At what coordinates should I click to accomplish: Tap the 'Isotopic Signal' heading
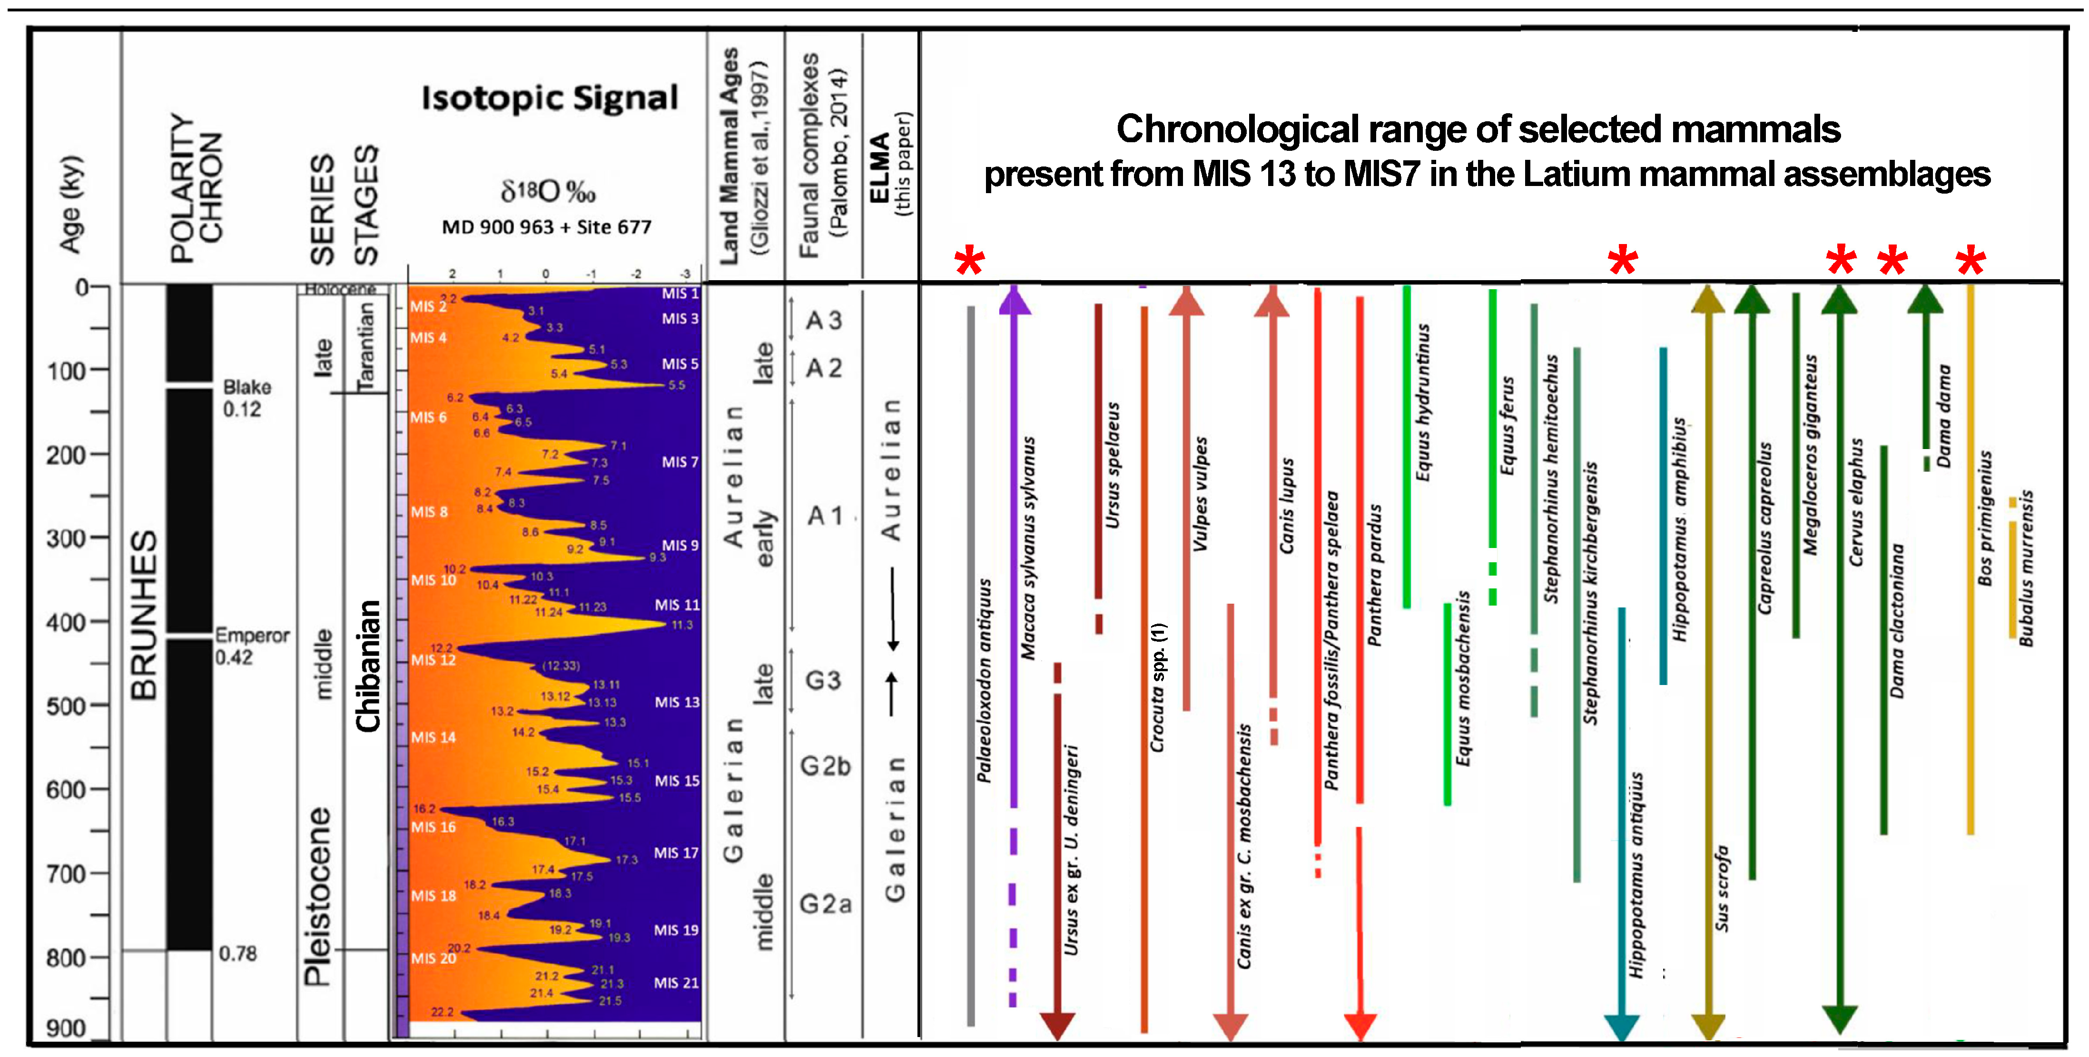pyautogui.click(x=549, y=98)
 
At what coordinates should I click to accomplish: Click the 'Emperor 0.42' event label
pyautogui.click(x=251, y=646)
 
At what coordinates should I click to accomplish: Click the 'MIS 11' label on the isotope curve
pyautogui.click(x=676, y=605)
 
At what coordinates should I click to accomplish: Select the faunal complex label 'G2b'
pyautogui.click(x=825, y=766)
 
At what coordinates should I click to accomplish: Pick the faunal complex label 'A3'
pyautogui.click(x=823, y=320)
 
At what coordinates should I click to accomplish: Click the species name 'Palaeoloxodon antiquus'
pyautogui.click(x=984, y=681)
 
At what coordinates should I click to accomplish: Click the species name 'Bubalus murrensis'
pyautogui.click(x=2026, y=568)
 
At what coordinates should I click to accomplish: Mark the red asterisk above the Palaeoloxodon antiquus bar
pyautogui.click(x=969, y=261)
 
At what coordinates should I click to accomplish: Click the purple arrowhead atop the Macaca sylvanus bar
pyautogui.click(x=1014, y=299)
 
